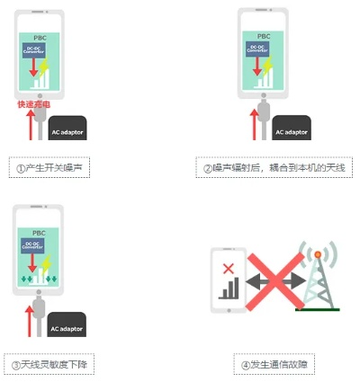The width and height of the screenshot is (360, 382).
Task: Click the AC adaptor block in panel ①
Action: [x=67, y=130]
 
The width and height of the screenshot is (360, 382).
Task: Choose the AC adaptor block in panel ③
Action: [x=67, y=327]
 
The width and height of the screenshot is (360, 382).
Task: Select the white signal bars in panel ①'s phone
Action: [x=42, y=79]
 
